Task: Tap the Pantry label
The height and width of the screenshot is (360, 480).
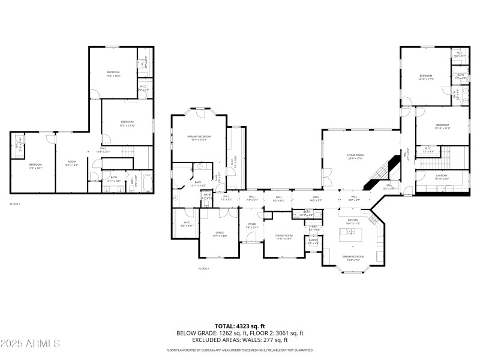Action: [314, 242]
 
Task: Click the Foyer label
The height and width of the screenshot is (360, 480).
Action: [251, 226]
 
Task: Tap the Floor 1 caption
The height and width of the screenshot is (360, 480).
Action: [15, 205]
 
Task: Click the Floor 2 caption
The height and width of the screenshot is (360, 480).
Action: [203, 268]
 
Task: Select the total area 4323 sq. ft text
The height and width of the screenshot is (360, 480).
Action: [239, 326]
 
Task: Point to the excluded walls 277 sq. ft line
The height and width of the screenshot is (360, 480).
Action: [239, 341]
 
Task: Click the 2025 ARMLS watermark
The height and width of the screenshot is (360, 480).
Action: [30, 344]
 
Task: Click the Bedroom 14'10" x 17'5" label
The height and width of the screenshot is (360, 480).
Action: [426, 77]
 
